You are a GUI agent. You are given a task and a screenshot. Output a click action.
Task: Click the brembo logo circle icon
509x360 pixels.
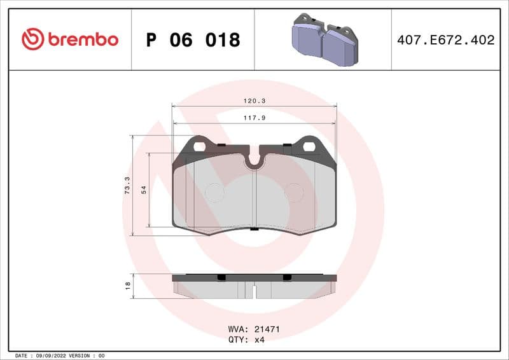32,39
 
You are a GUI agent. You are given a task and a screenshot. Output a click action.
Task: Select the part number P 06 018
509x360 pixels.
193,40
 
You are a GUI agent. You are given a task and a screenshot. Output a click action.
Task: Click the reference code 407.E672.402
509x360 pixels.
445,40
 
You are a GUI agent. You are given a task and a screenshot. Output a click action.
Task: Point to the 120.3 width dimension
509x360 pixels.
254,100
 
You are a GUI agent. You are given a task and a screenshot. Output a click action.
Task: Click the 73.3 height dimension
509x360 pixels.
127,186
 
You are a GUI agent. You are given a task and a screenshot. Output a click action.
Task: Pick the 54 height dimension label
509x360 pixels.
144,190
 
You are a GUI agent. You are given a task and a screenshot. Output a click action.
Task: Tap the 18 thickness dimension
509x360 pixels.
127,285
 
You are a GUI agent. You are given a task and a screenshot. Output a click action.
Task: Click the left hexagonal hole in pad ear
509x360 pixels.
200,146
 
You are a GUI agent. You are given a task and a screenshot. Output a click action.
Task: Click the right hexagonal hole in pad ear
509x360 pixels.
309,146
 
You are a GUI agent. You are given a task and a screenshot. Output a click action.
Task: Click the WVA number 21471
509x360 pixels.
267,329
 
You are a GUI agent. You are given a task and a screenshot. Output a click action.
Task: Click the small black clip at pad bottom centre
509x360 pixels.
254,229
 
